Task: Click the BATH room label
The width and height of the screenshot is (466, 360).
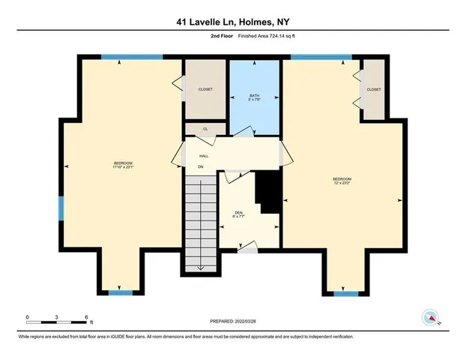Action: [x=255, y=96]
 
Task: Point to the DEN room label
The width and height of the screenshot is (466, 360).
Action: [x=239, y=215]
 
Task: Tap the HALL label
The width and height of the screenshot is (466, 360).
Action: [x=203, y=156]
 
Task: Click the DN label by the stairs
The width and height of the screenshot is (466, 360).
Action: [x=201, y=166]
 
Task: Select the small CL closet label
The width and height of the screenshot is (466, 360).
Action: [x=205, y=129]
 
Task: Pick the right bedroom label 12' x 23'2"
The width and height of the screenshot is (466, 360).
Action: [x=342, y=181]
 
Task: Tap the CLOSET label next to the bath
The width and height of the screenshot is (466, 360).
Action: [x=205, y=89]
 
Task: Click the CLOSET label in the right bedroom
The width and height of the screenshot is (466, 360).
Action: [x=374, y=89]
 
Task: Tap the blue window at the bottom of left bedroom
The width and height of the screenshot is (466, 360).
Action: [x=120, y=292]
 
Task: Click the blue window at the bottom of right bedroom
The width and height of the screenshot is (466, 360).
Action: [x=344, y=293]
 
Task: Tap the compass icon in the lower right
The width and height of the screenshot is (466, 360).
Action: [x=432, y=317]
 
